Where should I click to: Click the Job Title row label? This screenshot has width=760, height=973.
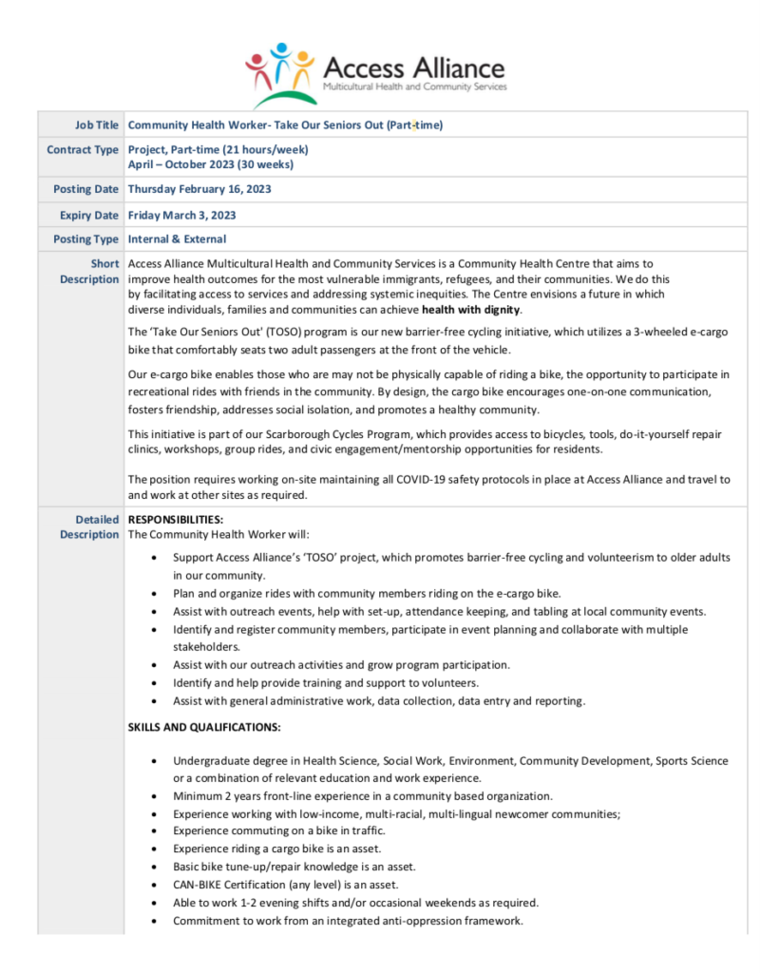(97, 124)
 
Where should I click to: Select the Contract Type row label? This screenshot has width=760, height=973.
(83, 149)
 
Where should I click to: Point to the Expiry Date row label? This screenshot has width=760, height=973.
(89, 215)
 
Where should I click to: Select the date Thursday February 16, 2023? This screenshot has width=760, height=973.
(199, 189)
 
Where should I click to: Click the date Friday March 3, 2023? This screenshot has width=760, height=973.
(182, 215)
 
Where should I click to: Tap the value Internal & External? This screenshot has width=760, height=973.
(177, 239)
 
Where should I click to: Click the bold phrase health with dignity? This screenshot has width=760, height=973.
(471, 310)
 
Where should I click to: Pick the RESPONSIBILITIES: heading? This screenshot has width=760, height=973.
(176, 520)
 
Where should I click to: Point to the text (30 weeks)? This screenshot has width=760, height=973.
(268, 163)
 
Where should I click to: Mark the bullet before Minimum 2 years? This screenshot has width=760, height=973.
(155, 795)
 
